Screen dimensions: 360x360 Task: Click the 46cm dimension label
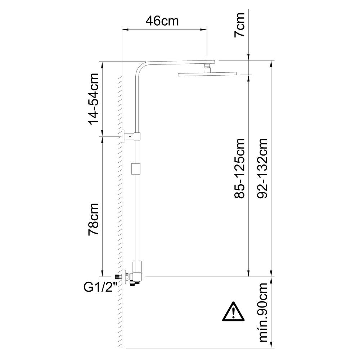162,21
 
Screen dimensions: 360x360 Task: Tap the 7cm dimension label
239,25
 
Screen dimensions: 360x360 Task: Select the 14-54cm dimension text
94,99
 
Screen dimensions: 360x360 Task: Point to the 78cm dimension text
94,219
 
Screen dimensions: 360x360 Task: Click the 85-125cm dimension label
239,168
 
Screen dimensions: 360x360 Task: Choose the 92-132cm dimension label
262,168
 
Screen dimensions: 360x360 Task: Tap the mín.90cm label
263,312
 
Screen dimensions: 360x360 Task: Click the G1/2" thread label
100,287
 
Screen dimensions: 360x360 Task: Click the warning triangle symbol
233,312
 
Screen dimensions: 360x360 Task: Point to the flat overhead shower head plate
207,74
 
